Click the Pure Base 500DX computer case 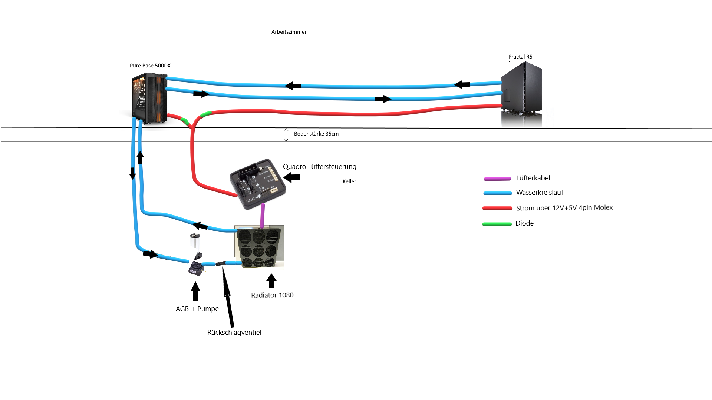[x=149, y=99]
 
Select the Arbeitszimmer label [x=289, y=32]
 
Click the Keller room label [x=349, y=181]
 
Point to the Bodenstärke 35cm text [x=316, y=134]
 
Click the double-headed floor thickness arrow [x=286, y=134]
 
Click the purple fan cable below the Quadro [x=263, y=216]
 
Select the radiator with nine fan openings [x=259, y=247]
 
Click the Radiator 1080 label [x=272, y=295]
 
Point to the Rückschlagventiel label [x=234, y=333]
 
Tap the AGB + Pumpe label [x=197, y=309]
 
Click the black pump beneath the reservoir [x=196, y=268]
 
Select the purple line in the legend [x=497, y=179]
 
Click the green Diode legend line [x=497, y=224]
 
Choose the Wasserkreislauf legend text [x=540, y=193]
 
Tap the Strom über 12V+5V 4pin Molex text [x=564, y=208]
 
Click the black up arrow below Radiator [x=271, y=281]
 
